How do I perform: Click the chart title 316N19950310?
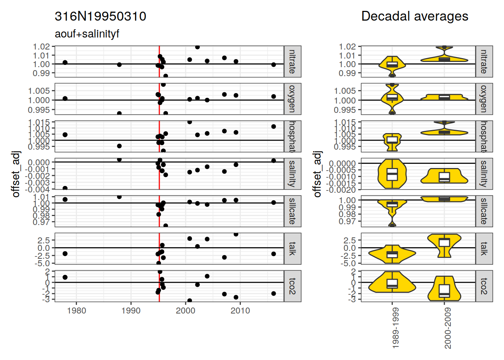pyautogui.click(x=100, y=16)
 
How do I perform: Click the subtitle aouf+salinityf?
pyautogui.click(x=87, y=34)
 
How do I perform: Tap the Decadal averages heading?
pyautogui.click(x=414, y=16)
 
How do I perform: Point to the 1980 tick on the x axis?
pyautogui.click(x=76, y=310)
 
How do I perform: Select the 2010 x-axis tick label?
pyautogui.click(x=240, y=310)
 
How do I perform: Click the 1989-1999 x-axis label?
pyautogui.click(x=395, y=328)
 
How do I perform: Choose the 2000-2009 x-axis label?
pyautogui.click(x=448, y=328)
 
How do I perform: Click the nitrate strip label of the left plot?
pyautogui.click(x=292, y=61)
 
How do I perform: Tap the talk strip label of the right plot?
pyautogui.click(x=484, y=248)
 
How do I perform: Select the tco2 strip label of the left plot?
pyautogui.click(x=292, y=286)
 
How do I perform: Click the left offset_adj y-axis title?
pyautogui.click(x=16, y=174)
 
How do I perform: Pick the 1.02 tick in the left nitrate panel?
pyautogui.click(x=41, y=46)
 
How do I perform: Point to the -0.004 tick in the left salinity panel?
pyautogui.click(x=37, y=189)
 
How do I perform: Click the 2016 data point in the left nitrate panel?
pyautogui.click(x=274, y=64)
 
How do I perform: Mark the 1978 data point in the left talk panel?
pyautogui.click(x=65, y=254)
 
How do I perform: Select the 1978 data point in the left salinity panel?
pyautogui.click(x=65, y=188)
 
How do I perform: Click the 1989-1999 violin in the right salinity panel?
pyautogui.click(x=392, y=174)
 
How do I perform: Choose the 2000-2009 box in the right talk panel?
pyautogui.click(x=444, y=242)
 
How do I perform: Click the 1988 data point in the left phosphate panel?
pyautogui.click(x=119, y=146)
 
